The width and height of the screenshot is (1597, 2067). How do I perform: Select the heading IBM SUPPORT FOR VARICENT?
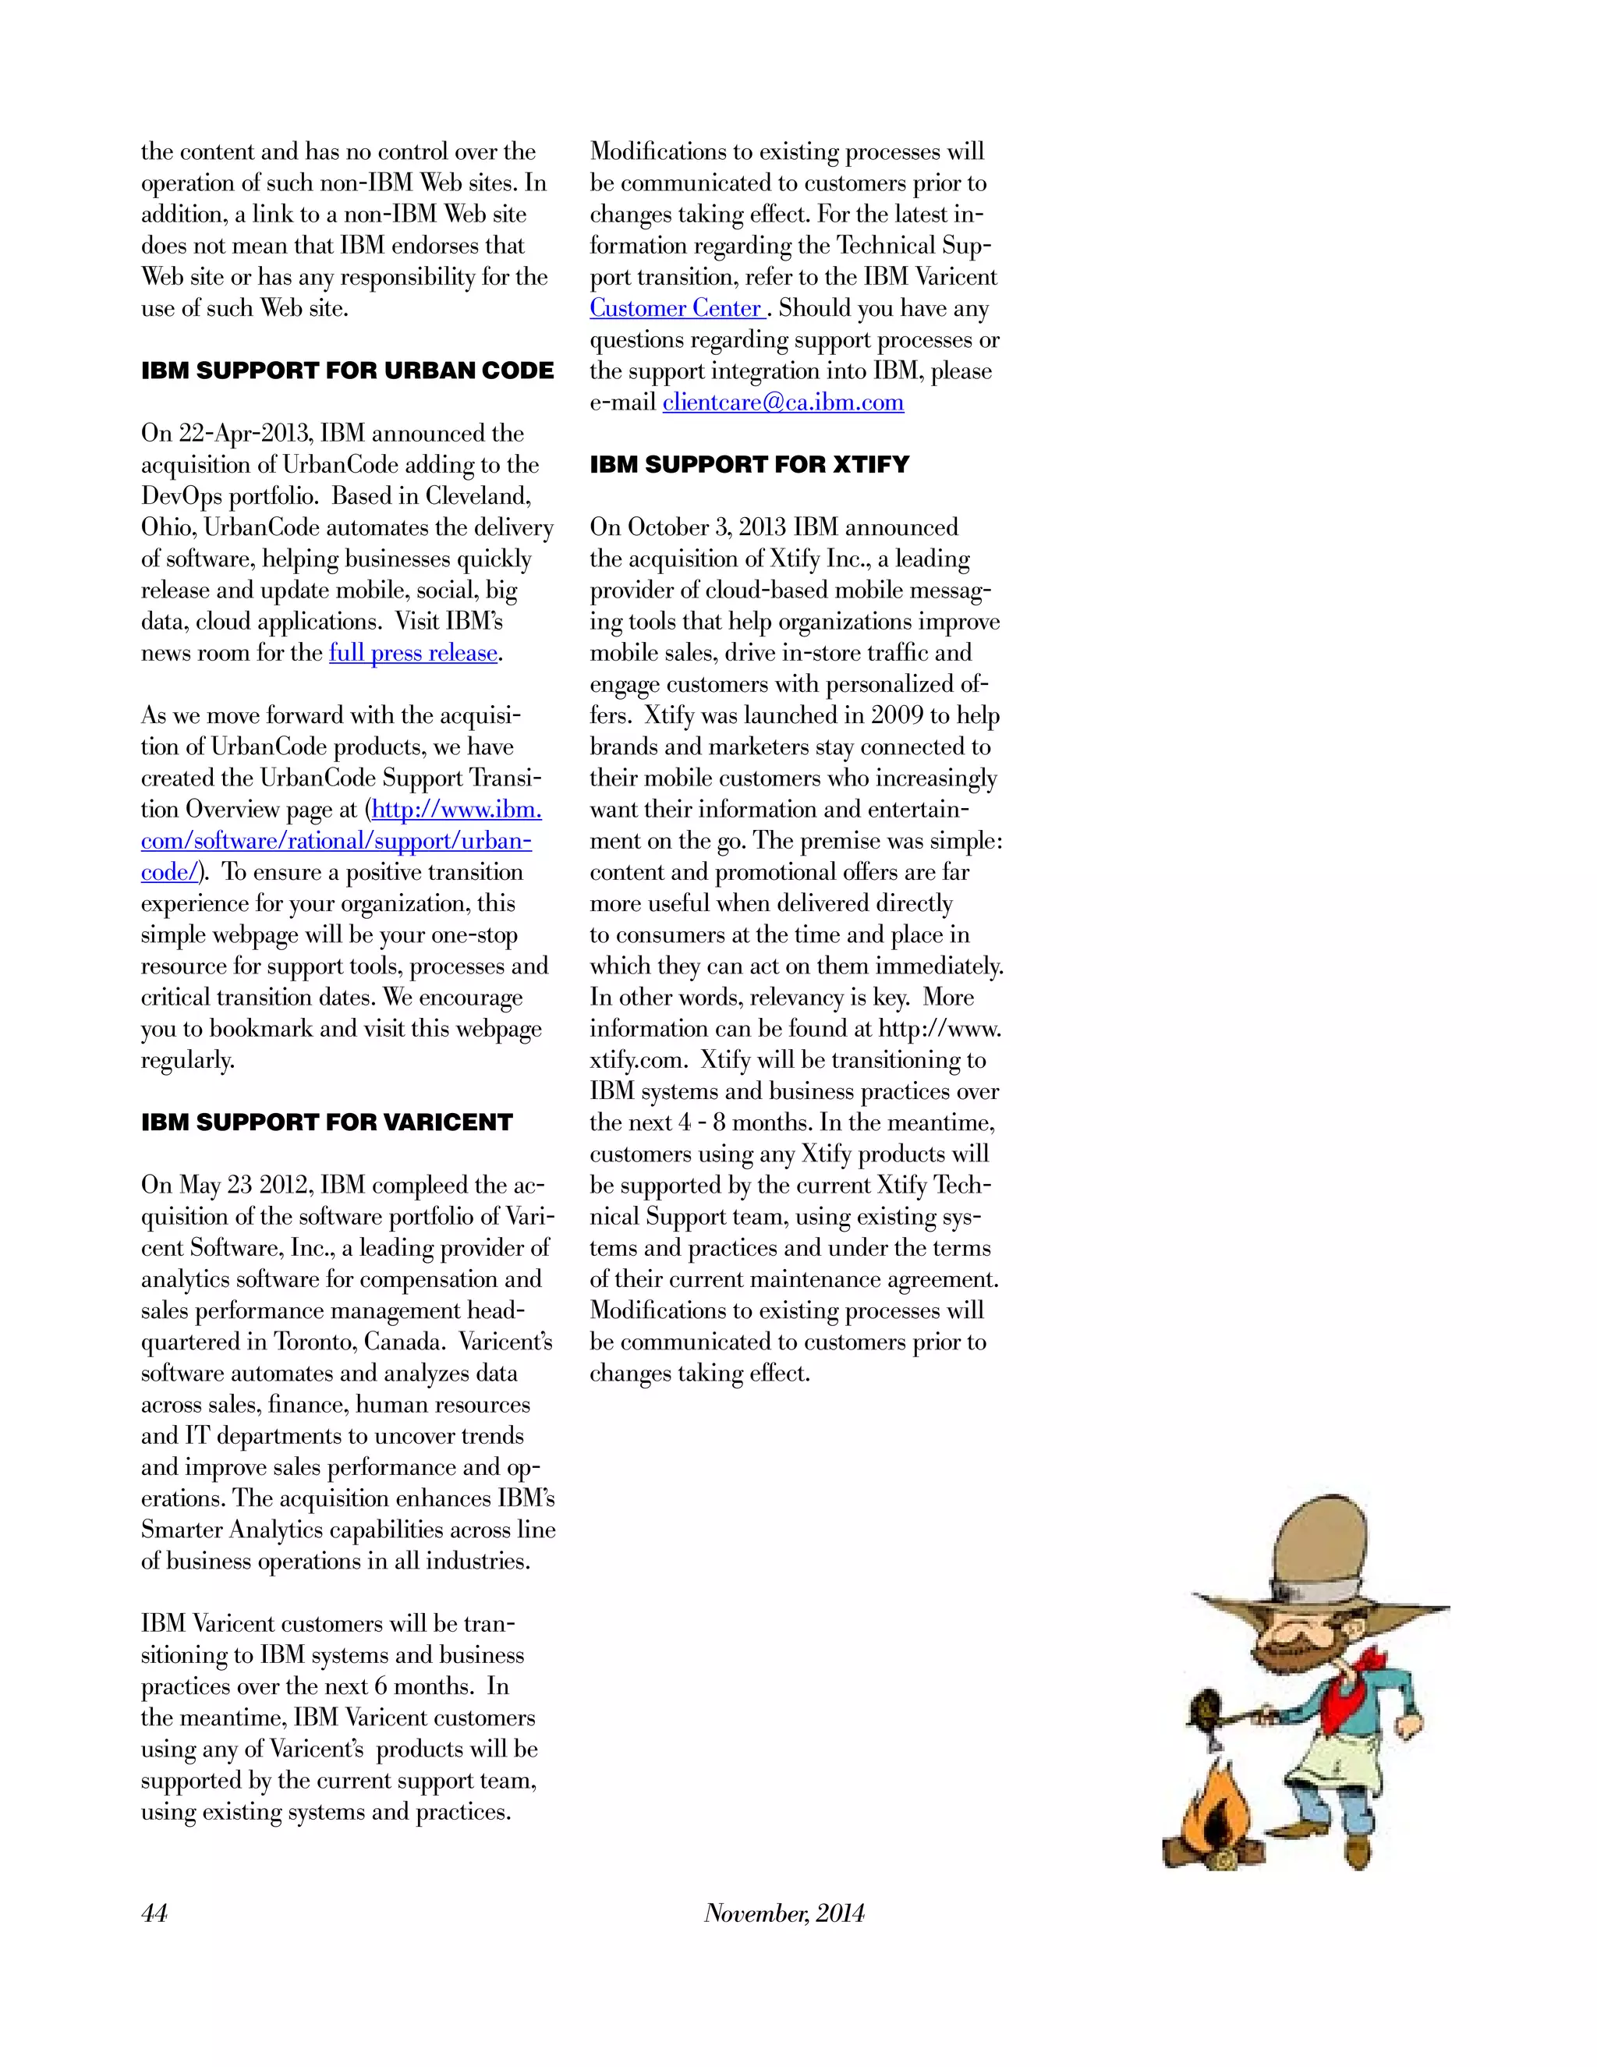tap(327, 1122)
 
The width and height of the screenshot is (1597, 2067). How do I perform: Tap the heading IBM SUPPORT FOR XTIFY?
tap(749, 465)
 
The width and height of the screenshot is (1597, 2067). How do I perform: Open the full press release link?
tap(413, 653)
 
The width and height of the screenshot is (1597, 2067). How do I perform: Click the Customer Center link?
tap(676, 309)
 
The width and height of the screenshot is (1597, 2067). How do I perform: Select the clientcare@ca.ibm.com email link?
tap(782, 402)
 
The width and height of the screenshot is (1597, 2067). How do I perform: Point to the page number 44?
tap(154, 1913)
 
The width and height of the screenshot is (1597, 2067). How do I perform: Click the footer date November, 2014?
tap(784, 1913)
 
